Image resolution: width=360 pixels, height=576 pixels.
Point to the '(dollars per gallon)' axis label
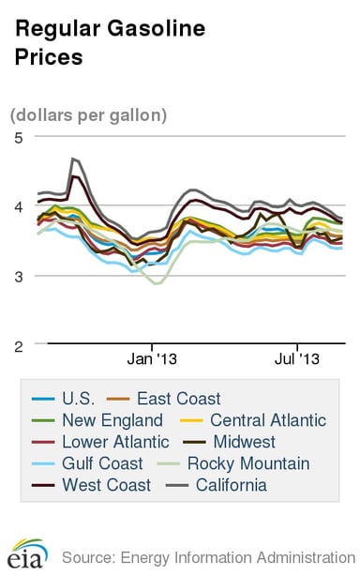click(89, 115)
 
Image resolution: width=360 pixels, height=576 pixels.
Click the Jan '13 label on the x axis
click(153, 359)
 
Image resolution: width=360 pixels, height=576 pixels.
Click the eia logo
click(24, 554)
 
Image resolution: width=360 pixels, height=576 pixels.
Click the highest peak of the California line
click(73, 159)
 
